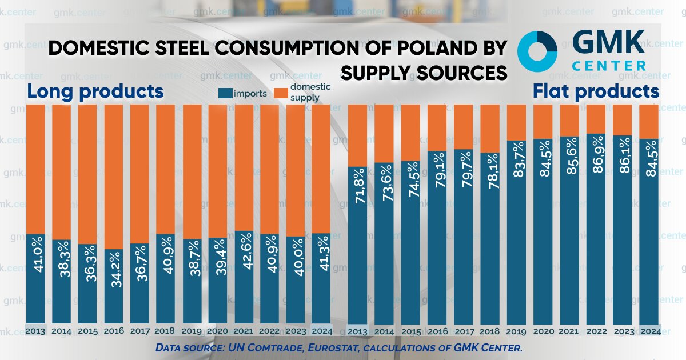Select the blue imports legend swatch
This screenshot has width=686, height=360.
point(226,93)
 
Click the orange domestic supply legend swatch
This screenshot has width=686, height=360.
point(281,93)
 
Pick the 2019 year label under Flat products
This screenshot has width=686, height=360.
point(516,331)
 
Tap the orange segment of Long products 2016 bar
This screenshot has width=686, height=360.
point(113,177)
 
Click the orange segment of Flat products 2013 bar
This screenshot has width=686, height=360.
point(358,135)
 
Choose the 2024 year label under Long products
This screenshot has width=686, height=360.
point(321,331)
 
